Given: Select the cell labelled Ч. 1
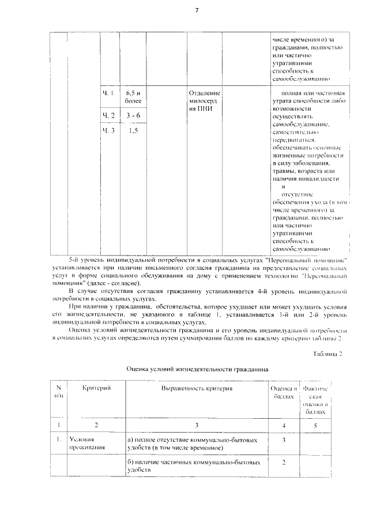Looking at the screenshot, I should (108, 93).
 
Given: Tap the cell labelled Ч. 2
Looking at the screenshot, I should (108, 115).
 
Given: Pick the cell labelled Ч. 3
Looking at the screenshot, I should (108, 131).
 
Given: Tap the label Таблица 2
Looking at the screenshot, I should (327, 353).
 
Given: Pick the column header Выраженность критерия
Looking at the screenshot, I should (197, 389).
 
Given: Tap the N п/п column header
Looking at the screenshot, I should (59, 393).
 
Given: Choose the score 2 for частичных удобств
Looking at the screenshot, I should (284, 462).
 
